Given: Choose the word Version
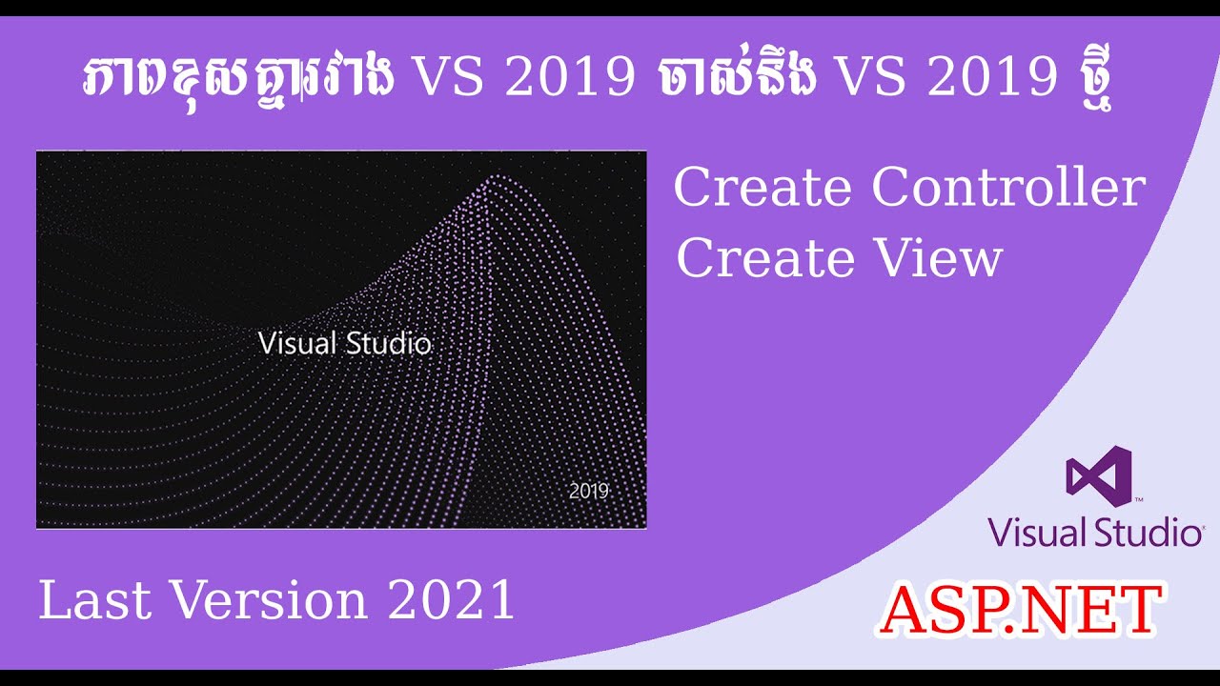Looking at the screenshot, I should tap(270, 601).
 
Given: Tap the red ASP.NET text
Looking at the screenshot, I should tap(1020, 610).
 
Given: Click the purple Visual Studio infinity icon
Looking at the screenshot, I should tap(1098, 474).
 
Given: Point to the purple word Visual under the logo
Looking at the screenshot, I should tap(1036, 533).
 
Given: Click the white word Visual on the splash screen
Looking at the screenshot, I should tap(297, 343).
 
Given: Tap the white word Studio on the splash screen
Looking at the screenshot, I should tap(388, 343).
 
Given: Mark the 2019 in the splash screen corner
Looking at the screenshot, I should tap(589, 492).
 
